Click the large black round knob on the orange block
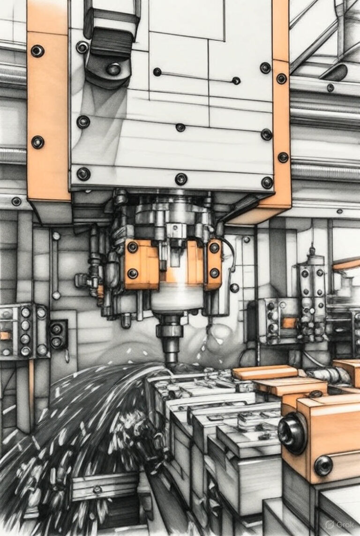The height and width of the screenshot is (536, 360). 292,433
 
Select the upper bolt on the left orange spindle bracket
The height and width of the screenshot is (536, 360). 132,247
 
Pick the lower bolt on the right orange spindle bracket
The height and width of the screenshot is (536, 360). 214,273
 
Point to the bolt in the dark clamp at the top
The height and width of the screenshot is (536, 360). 113,69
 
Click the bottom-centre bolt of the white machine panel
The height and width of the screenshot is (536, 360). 181,179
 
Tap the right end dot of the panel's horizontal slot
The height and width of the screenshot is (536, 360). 236,81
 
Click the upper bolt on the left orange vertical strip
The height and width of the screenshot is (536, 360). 37,51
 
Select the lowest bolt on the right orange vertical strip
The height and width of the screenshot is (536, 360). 283,157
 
